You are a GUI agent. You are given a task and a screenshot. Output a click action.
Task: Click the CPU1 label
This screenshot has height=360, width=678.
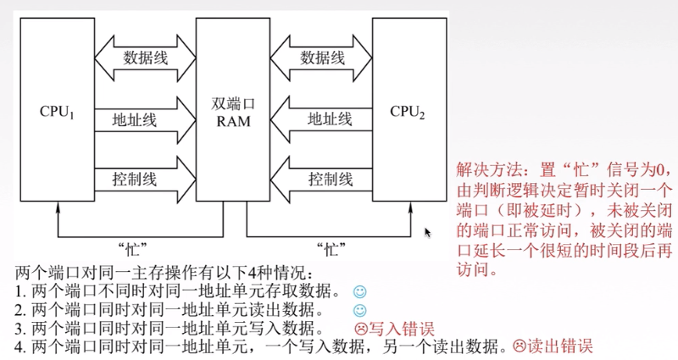[x=57, y=112]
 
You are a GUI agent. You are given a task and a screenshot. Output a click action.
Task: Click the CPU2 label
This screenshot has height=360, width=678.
[x=408, y=112]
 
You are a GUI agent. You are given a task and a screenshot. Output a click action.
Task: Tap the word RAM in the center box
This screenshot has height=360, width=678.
[x=233, y=121]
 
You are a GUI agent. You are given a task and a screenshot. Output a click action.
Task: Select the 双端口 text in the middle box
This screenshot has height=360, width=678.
[x=233, y=103]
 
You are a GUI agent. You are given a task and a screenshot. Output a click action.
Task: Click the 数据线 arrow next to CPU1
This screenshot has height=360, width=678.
[x=145, y=58]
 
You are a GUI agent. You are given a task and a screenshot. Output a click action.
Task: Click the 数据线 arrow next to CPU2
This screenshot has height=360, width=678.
[x=321, y=58]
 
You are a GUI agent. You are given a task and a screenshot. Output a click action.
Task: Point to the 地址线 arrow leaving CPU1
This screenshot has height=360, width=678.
[x=145, y=119]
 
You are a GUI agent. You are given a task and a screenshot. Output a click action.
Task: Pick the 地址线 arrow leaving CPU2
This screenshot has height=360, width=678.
[x=321, y=119]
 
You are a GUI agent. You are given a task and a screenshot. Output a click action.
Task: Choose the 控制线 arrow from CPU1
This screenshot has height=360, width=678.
[x=145, y=179]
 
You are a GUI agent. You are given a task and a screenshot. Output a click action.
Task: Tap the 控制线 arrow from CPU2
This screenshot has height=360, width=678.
[x=321, y=179]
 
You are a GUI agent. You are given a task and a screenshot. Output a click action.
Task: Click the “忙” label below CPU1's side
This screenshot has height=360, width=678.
[x=133, y=249]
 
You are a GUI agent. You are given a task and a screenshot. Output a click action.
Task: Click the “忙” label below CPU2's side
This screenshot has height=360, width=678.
[x=331, y=249]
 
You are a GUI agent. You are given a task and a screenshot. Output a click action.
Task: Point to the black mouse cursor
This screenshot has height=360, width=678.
[x=428, y=232]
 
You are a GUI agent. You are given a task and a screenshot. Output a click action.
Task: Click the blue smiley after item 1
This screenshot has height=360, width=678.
[x=359, y=291]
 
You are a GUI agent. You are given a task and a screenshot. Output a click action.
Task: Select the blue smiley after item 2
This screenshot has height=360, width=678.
[x=359, y=310]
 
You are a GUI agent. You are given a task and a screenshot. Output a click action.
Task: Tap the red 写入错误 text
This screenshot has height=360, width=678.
[x=401, y=329]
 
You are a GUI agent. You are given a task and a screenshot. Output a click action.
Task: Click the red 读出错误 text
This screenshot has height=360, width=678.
[x=560, y=346]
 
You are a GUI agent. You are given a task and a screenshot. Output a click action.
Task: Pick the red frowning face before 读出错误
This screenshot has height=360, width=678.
[x=520, y=346]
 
